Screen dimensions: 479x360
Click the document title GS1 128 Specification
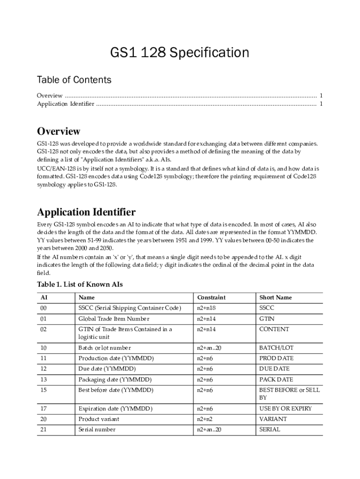tap(180, 53)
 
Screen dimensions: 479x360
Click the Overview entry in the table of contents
tap(50, 96)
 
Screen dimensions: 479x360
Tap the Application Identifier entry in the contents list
tap(65, 104)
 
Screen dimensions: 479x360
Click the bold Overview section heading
tap(58, 131)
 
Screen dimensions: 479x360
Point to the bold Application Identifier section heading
tap(86, 212)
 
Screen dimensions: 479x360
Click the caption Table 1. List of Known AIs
tap(79, 284)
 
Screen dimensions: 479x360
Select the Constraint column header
tap(211, 298)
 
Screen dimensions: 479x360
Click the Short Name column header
tap(275, 298)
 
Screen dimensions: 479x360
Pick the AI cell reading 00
tap(43, 308)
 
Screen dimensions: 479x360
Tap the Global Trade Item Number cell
tap(114, 319)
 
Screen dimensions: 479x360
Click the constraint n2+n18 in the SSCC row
tap(207, 308)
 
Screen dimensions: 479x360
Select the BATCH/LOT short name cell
tap(276, 348)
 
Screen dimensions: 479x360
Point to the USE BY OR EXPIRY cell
tap(285, 409)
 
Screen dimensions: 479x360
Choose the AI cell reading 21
tap(43, 429)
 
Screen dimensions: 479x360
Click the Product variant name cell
tap(99, 419)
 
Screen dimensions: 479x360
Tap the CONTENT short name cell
tap(274, 329)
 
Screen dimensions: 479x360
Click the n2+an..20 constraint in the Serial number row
tap(209, 429)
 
